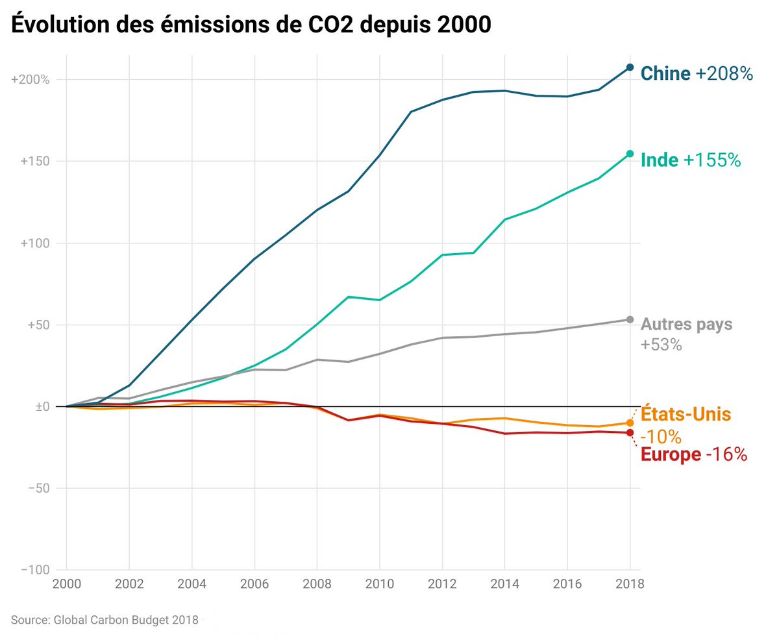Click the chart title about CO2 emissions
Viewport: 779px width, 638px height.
[250, 25]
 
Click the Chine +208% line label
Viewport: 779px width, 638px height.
[696, 73]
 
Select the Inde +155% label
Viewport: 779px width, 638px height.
[690, 160]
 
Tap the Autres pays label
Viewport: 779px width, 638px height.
[686, 324]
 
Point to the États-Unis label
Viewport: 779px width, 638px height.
[686, 413]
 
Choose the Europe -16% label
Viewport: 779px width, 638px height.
[693, 454]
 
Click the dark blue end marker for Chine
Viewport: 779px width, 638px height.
[630, 67]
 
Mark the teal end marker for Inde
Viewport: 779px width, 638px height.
[630, 154]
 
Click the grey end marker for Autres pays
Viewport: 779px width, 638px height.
[630, 319]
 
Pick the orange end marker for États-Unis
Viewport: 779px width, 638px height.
[630, 423]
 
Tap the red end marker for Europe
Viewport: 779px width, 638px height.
[630, 433]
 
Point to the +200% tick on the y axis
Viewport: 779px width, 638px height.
[31, 80]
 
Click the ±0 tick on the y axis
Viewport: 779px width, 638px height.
[39, 407]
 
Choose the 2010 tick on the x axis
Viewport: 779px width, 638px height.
[380, 583]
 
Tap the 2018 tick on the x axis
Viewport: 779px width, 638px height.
[630, 583]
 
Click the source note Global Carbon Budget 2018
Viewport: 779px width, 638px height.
[105, 620]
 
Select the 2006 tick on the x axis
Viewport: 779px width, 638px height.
[254, 583]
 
